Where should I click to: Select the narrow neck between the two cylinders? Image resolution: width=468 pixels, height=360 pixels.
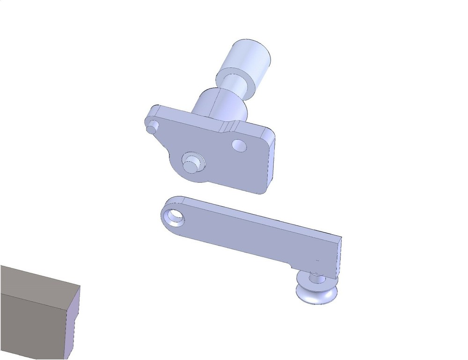[x=237, y=84]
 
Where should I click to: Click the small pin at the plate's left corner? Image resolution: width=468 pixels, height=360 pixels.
[x=152, y=127]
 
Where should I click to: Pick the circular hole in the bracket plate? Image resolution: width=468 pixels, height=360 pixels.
[x=239, y=145]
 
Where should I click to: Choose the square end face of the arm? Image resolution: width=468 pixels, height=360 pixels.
[x=339, y=257]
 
